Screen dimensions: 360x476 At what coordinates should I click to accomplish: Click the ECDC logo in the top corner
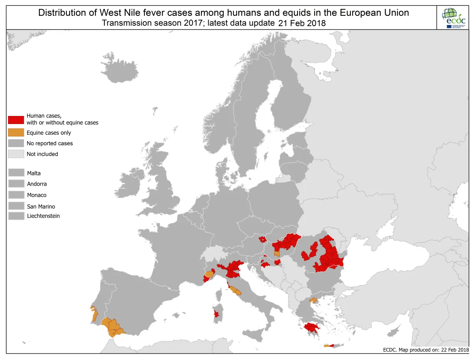coord(453,18)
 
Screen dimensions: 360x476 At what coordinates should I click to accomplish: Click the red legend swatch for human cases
coord(16,120)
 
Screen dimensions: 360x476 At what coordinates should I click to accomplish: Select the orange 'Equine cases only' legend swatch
coord(16,132)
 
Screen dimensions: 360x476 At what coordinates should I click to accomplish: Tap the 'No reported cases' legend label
coord(50,143)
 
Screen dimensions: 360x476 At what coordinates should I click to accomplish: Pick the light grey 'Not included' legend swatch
coord(16,154)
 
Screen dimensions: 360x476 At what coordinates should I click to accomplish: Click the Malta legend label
coord(34,173)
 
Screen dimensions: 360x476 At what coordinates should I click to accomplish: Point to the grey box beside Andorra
coord(16,183)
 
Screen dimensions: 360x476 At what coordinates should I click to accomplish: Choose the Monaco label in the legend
coord(37,195)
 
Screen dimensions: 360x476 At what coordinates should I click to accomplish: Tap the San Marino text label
coord(41,207)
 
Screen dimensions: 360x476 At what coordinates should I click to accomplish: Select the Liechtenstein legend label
coord(43,216)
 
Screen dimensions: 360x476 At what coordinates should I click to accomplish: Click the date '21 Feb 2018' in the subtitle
coord(302,23)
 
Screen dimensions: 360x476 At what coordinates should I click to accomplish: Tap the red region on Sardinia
coord(216,314)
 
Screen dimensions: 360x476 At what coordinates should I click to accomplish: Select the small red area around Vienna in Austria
coord(262,239)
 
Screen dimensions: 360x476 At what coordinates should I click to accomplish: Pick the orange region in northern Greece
coord(313,301)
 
